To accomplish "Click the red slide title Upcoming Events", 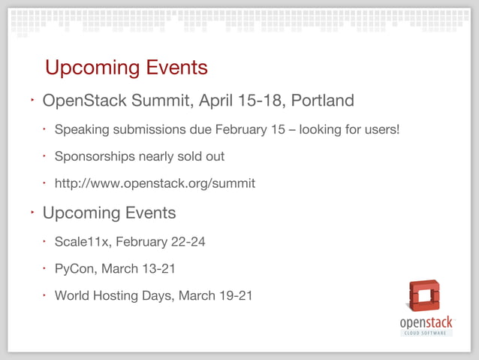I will (126, 68).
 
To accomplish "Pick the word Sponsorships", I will (94, 157).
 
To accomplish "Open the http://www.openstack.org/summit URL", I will (155, 183).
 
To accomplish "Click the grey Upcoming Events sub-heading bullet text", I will (109, 213).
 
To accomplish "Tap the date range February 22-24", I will (160, 242).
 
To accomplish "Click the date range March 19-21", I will (215, 295).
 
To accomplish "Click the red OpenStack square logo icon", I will (424, 295).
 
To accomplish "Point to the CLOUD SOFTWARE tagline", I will (426, 333).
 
